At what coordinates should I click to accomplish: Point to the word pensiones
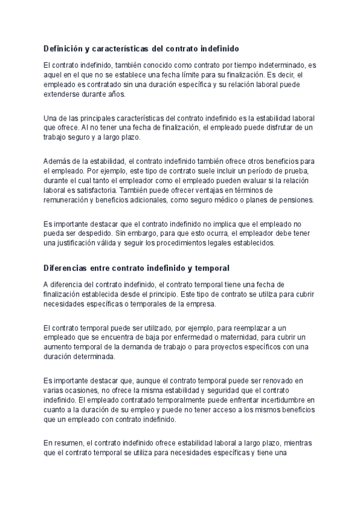pyautogui.click(x=303, y=200)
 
